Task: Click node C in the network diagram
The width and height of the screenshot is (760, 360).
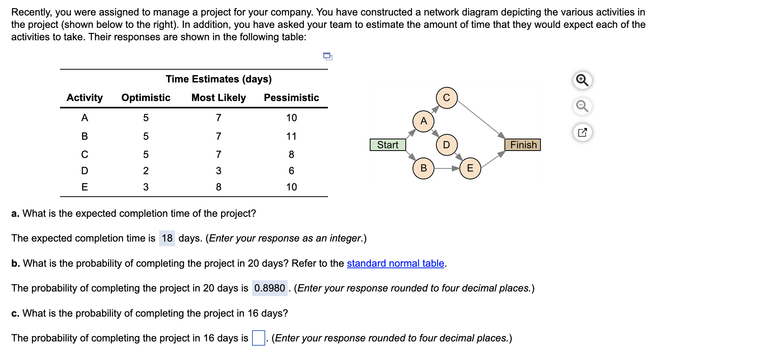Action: (x=446, y=98)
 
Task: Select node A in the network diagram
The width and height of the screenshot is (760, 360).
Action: (x=424, y=121)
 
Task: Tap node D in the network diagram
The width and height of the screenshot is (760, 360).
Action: (x=446, y=145)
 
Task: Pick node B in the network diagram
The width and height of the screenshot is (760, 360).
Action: (x=424, y=168)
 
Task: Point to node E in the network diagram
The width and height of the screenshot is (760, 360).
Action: (x=470, y=168)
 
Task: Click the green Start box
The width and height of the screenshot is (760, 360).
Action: (x=388, y=145)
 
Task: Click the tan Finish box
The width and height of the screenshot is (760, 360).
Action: (x=523, y=145)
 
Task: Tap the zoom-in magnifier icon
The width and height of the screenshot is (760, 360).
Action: (x=582, y=80)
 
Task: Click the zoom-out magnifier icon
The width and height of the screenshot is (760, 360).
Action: (x=582, y=106)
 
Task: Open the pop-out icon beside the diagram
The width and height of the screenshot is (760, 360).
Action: (x=582, y=132)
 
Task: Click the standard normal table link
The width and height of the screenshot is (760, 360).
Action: (x=395, y=263)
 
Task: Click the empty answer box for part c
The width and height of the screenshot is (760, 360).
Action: (x=258, y=338)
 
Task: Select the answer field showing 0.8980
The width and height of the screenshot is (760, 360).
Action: (x=269, y=288)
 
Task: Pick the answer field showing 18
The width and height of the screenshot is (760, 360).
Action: (x=167, y=238)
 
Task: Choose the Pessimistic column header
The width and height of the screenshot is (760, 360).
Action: (x=291, y=98)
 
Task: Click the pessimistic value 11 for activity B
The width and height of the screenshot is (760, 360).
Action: (x=291, y=136)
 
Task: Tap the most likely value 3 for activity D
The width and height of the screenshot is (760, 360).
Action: (x=218, y=171)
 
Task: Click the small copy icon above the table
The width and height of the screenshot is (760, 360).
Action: (x=328, y=57)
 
